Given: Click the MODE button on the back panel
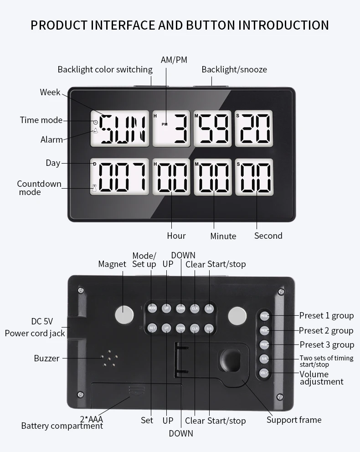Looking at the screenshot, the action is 152,308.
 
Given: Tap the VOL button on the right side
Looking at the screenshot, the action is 265,373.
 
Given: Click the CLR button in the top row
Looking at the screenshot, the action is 195,308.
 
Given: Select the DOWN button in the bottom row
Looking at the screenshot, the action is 180,328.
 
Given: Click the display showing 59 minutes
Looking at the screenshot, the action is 213,129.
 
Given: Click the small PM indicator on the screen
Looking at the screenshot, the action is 164,124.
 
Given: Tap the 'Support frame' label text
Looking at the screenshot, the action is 294,420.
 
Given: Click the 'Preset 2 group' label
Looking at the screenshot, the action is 326,330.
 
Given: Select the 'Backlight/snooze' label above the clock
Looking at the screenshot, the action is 234,70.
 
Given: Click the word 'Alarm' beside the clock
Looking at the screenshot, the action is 51,140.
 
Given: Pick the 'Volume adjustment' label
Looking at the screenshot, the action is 321,378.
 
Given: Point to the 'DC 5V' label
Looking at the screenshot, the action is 42,321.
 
